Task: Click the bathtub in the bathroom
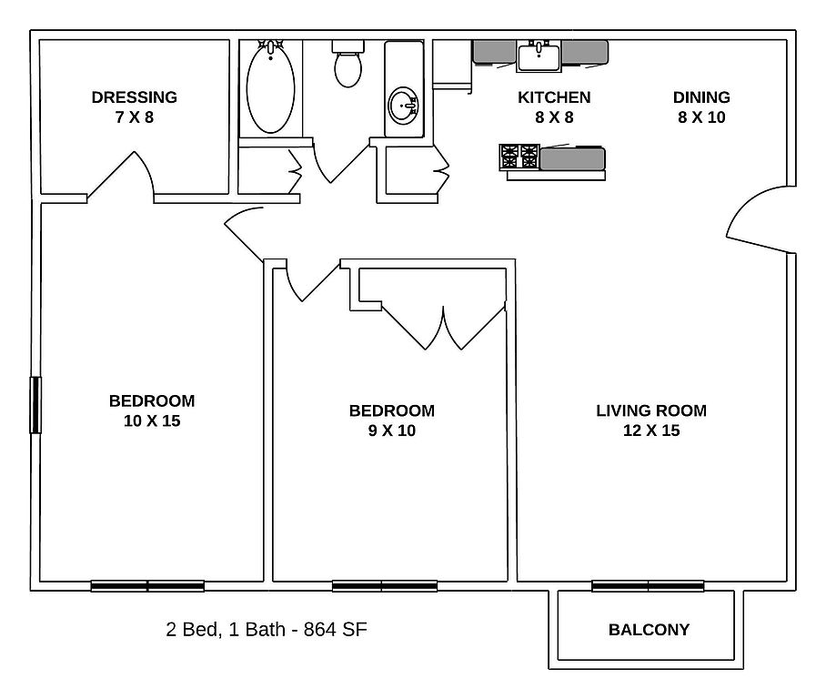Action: [x=270, y=87]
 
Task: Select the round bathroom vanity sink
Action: [x=404, y=105]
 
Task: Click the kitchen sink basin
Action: [x=539, y=56]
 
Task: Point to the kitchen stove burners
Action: [x=519, y=157]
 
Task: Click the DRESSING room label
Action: [x=135, y=97]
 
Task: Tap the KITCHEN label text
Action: [x=554, y=97]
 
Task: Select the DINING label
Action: [x=701, y=97]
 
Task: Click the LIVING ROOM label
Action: [x=651, y=410]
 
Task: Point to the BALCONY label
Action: [x=649, y=630]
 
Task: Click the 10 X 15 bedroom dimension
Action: [x=152, y=420]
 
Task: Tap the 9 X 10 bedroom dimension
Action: [x=392, y=431]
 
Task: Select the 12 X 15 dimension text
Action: [x=651, y=431]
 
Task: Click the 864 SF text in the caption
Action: [x=335, y=630]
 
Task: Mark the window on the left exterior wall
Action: [x=35, y=405]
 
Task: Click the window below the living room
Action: [x=648, y=585]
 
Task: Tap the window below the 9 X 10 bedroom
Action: [x=385, y=585]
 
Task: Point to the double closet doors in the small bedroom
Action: [x=444, y=327]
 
